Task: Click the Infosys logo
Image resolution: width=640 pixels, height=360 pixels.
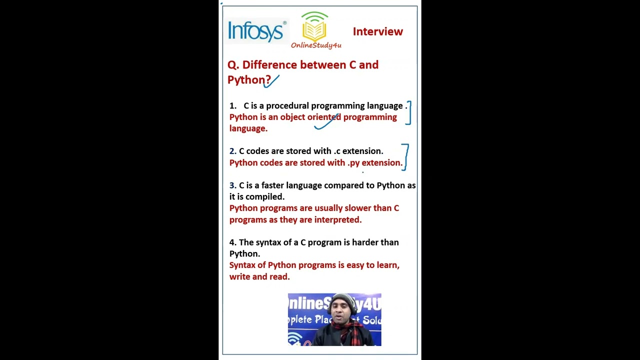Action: tap(256, 31)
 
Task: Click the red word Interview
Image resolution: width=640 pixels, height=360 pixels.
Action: tap(377, 31)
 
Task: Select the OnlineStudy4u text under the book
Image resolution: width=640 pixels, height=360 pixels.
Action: tap(316, 45)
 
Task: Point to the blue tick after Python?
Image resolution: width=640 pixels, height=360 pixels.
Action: tap(272, 81)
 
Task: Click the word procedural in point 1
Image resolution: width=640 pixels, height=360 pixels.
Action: tap(287, 106)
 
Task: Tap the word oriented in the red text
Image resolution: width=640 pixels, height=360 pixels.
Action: tap(324, 117)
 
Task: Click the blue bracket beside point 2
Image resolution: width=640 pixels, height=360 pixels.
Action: tap(405, 156)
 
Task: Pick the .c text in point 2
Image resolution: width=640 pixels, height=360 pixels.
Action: tap(336, 151)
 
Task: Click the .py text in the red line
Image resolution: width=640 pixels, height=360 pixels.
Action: tap(353, 163)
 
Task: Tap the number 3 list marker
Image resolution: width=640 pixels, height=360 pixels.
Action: tap(232, 185)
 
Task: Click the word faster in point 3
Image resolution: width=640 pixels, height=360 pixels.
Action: tap(272, 185)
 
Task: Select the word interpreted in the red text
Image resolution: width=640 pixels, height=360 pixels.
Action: tap(337, 220)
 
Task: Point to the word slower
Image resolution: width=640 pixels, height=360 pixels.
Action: tap(357, 208)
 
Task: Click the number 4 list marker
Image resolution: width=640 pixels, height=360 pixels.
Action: tap(232, 242)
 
